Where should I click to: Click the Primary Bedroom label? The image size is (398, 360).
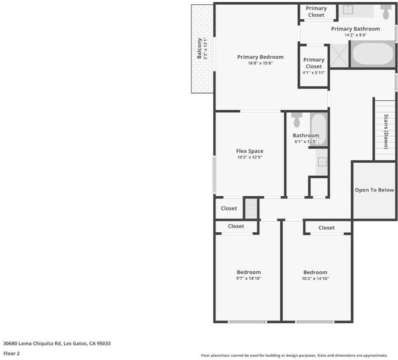[260, 57]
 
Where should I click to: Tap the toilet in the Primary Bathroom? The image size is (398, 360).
[385, 12]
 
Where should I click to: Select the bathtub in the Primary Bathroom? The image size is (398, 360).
[373, 54]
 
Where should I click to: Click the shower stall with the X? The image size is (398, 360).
[339, 56]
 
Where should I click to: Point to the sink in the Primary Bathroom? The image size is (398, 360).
[347, 9]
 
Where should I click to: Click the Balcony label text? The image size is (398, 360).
[199, 49]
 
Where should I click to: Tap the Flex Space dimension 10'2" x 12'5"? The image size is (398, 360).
[250, 157]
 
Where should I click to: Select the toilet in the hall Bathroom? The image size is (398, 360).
[297, 120]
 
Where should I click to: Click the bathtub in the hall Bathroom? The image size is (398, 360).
[319, 130]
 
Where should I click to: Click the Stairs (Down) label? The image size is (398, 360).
[386, 131]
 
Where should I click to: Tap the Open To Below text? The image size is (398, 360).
[374, 190]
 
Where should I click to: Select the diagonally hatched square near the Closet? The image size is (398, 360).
[252, 209]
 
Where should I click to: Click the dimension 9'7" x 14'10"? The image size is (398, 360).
[249, 278]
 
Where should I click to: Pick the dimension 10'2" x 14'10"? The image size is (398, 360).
[315, 278]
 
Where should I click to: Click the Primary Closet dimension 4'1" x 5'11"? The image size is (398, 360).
[314, 73]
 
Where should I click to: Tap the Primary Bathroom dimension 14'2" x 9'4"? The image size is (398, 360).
[355, 35]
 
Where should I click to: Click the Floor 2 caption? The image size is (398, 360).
[11, 353]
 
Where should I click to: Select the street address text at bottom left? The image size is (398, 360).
[57, 344]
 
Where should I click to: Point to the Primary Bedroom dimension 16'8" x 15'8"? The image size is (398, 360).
[260, 63]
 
